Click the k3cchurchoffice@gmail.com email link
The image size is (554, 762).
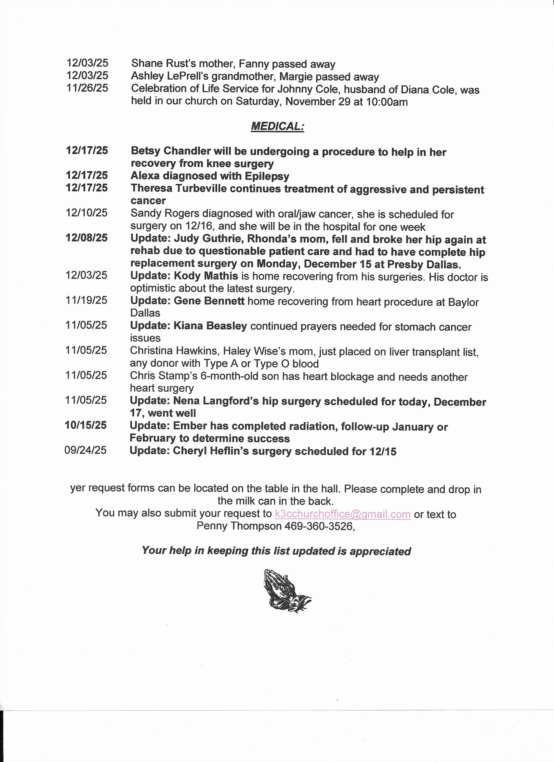pos(343,514)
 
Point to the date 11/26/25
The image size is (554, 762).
pos(87,88)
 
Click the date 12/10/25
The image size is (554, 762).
pos(87,213)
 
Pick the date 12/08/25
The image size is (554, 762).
pos(87,238)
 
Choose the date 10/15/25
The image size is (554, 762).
pos(86,425)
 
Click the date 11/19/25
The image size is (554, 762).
pos(86,300)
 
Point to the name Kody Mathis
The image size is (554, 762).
pos(206,276)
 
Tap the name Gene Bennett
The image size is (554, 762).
pos(209,301)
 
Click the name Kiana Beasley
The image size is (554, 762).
pos(210,326)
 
